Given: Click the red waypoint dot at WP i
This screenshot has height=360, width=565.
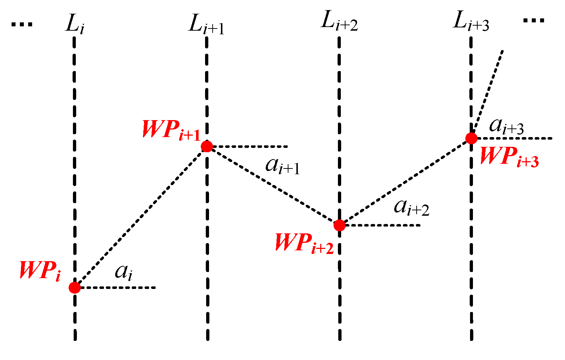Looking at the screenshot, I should pos(75,287).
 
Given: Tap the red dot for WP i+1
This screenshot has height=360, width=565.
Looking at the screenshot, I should pos(207,146).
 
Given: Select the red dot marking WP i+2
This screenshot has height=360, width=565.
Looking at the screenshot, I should pos(339,225).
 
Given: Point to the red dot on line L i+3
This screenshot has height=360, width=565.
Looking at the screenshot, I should pos(471,138).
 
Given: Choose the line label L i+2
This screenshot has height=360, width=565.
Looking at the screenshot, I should pos(339,23).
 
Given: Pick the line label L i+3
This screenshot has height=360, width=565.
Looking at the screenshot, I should pos(471,23).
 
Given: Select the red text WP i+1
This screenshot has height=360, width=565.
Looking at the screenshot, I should pos(171,129).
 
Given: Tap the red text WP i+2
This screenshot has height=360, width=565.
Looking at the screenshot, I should pos(304,243).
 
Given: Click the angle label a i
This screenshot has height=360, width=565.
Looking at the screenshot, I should pos(123,273).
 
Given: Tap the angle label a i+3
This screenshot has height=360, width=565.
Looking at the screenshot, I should pos(506,127).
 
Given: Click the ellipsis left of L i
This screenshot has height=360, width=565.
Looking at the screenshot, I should pos(22,25).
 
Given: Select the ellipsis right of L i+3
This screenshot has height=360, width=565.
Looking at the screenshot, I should pos(534,20).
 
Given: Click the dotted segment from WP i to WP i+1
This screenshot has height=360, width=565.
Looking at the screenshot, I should pos(141,217).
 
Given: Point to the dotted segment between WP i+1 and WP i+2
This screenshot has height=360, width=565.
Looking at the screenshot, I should pos(273,186).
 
